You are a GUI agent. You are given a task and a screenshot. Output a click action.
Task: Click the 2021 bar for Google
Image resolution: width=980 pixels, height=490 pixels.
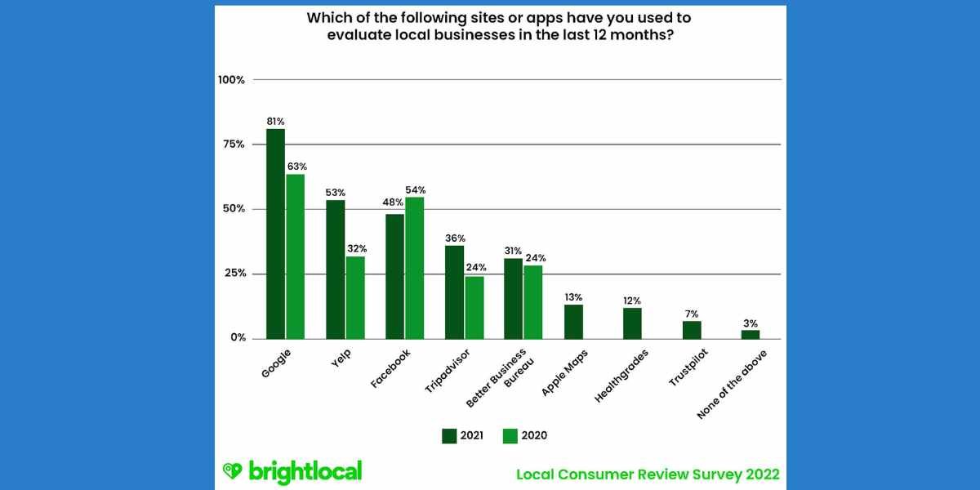[x=275, y=234]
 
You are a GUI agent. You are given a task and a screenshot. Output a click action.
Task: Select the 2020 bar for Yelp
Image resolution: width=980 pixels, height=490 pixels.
[x=355, y=297]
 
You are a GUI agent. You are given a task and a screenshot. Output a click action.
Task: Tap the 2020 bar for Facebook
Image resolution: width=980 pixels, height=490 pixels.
[x=414, y=268]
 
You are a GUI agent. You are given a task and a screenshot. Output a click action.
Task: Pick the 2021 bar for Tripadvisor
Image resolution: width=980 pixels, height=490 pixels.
[x=454, y=292]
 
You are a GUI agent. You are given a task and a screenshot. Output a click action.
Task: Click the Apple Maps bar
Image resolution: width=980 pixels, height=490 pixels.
[x=573, y=322]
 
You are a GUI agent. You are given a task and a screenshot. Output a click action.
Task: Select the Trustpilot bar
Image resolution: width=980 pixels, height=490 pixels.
[x=692, y=330]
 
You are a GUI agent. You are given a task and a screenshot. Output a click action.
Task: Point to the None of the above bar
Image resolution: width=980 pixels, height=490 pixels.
[x=751, y=334]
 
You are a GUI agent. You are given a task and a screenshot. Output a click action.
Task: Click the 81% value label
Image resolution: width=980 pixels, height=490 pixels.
[x=275, y=121]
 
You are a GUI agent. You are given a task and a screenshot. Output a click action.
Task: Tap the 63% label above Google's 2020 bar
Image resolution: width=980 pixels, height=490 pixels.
[x=296, y=166]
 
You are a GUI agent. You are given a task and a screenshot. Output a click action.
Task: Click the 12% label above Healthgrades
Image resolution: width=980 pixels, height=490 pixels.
[x=633, y=300]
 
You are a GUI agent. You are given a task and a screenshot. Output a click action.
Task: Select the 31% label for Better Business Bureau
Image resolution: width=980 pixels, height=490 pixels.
[x=513, y=250]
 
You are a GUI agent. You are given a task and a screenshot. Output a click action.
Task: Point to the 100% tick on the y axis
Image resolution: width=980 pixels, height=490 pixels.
[x=231, y=80]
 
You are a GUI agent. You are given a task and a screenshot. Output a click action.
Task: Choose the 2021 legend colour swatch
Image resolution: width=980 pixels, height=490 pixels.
[x=449, y=435]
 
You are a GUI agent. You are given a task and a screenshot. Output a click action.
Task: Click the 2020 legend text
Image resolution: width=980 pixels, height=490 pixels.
[x=533, y=435]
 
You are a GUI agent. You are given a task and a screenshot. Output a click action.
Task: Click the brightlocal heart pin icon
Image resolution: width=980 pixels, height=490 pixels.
[x=233, y=471]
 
